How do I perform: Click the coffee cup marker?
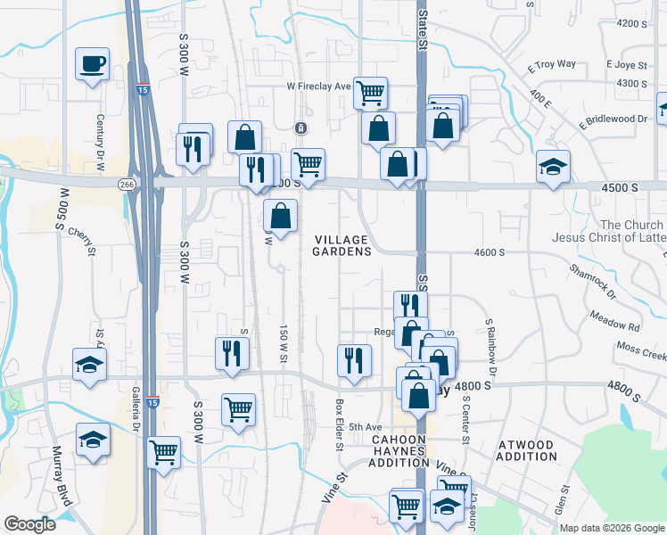pyautogui.click(x=93, y=64)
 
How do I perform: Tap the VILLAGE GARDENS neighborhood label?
pyautogui.click(x=341, y=246)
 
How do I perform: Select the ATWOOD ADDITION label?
pyautogui.click(x=537, y=450)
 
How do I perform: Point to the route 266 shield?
pyautogui.click(x=127, y=183)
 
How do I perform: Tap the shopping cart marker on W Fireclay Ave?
pyautogui.click(x=370, y=91)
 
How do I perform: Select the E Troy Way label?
pyautogui.click(x=552, y=65)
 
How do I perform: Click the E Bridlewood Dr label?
pyautogui.click(x=612, y=119)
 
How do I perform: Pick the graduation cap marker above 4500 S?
pyautogui.click(x=553, y=166)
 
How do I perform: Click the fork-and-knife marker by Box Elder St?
pyautogui.click(x=354, y=360)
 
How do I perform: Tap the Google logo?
pyautogui.click(x=29, y=524)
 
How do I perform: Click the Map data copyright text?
pyautogui.click(x=612, y=528)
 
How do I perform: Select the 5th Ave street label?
pyautogui.click(x=365, y=427)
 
